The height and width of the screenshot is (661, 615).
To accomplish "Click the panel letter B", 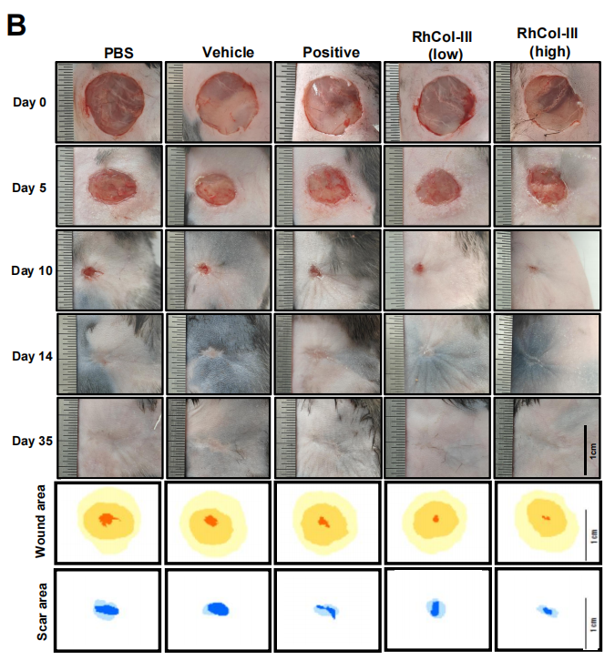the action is click(16, 25).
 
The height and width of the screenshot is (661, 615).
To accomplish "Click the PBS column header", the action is click(118, 53).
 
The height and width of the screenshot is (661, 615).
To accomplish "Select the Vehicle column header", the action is click(228, 52).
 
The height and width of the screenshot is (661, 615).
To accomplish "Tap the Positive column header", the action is click(331, 52).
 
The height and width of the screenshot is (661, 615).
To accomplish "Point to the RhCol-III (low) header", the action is click(442, 46).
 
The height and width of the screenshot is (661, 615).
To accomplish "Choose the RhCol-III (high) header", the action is click(547, 42).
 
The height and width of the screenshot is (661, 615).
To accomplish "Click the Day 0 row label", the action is click(29, 102).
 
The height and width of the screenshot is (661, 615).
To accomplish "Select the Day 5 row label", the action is click(29, 188).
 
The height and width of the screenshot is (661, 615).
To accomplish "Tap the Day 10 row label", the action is click(32, 270).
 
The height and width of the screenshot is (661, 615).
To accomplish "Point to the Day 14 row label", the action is click(32, 356).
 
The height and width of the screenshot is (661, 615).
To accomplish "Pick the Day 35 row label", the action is click(32, 441).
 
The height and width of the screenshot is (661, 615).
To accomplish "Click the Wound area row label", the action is click(40, 522).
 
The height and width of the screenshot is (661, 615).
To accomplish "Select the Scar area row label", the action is click(42, 612).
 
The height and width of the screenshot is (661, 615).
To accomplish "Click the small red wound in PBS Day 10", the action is click(89, 273).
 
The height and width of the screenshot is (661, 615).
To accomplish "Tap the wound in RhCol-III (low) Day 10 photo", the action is click(419, 268).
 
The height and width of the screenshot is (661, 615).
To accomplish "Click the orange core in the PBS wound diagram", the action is click(108, 519).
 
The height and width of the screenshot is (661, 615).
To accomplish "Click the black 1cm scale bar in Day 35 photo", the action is click(585, 450).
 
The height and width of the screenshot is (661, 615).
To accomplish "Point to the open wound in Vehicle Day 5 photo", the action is click(215, 189).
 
